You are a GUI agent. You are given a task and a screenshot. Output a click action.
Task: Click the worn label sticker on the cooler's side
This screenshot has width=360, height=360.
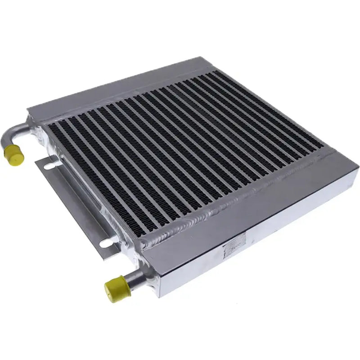(235, 247)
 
